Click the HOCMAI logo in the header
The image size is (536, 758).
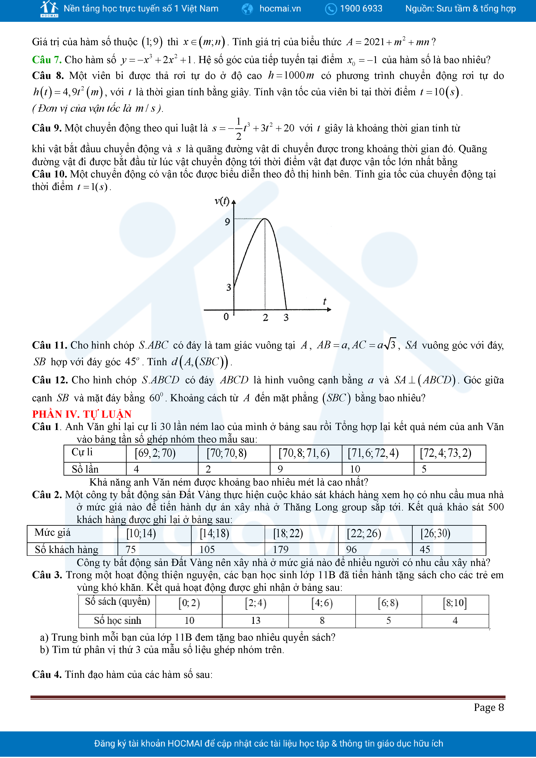(x=49, y=9)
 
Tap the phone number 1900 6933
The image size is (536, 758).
(x=361, y=9)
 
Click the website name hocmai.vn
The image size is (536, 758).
(x=280, y=9)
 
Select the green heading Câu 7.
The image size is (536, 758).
(x=46, y=60)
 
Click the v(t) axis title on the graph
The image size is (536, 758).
(x=222, y=201)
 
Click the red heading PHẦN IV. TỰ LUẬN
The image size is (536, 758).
(x=82, y=414)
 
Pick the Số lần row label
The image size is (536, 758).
(x=85, y=469)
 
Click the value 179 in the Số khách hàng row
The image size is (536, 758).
(x=281, y=549)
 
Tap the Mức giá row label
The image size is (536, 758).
(x=52, y=532)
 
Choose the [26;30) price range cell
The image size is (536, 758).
(x=435, y=533)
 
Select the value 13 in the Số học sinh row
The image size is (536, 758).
(x=255, y=620)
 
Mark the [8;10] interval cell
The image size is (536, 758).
(x=455, y=603)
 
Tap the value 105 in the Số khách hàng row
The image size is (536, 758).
(x=207, y=549)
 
